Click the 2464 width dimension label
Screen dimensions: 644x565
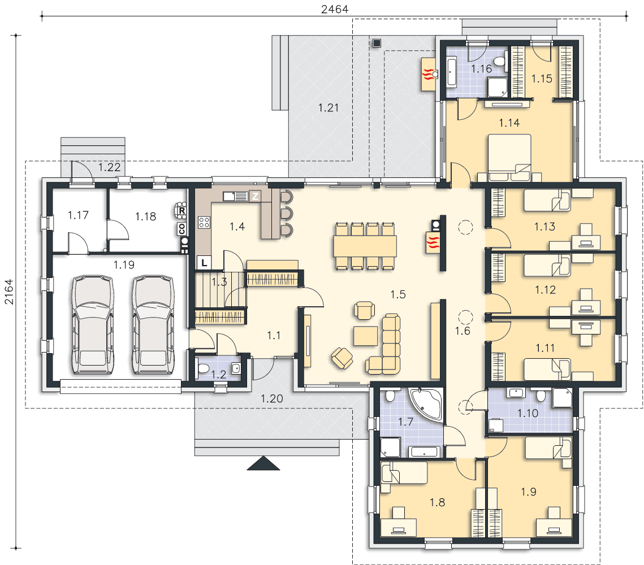(x=334, y=9)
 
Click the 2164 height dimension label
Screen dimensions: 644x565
(x=9, y=292)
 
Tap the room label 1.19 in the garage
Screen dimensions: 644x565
(x=124, y=264)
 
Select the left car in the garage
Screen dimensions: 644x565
(x=93, y=324)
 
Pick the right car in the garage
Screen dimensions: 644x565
(x=153, y=324)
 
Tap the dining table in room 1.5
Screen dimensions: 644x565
(x=365, y=246)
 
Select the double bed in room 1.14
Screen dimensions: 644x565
(x=509, y=158)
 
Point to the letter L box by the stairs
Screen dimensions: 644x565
(x=204, y=263)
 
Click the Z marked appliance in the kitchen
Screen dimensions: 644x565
(x=255, y=196)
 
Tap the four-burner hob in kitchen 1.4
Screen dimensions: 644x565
(x=204, y=223)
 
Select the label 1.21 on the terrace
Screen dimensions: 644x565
(x=328, y=108)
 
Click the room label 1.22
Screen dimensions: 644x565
(x=110, y=167)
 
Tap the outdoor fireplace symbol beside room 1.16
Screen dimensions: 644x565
(x=429, y=74)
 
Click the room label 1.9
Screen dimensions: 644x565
(x=529, y=492)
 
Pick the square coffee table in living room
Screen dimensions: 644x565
(x=365, y=336)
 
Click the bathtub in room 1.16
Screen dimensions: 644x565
(x=452, y=73)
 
